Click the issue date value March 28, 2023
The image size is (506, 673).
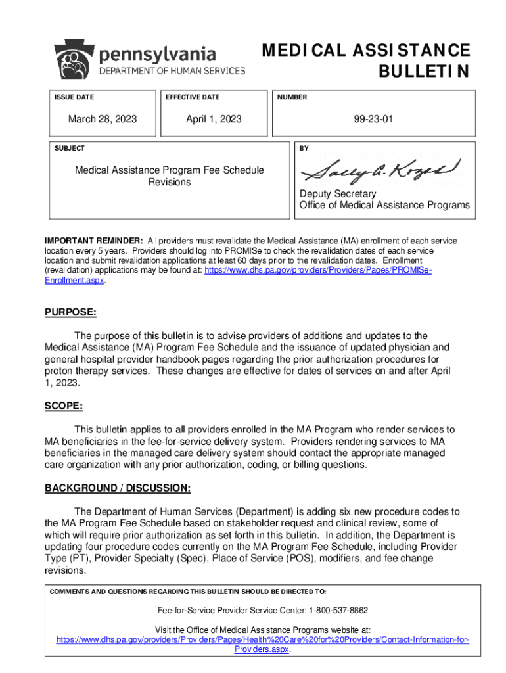click(103, 119)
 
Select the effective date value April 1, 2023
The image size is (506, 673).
click(214, 119)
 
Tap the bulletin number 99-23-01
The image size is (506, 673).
click(373, 119)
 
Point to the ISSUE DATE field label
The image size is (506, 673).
click(74, 97)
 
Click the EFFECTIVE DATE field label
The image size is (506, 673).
click(193, 97)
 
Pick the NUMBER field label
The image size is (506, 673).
click(292, 97)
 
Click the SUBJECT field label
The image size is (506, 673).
click(70, 149)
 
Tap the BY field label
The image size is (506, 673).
click(304, 149)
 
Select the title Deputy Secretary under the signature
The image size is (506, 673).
click(338, 194)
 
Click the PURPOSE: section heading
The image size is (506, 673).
click(70, 313)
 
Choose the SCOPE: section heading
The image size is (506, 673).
click(64, 406)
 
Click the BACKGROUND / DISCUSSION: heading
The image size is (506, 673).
click(118, 488)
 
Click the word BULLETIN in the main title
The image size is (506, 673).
click(425, 71)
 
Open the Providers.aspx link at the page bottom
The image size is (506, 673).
click(262, 649)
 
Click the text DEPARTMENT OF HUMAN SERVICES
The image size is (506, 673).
click(172, 71)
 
